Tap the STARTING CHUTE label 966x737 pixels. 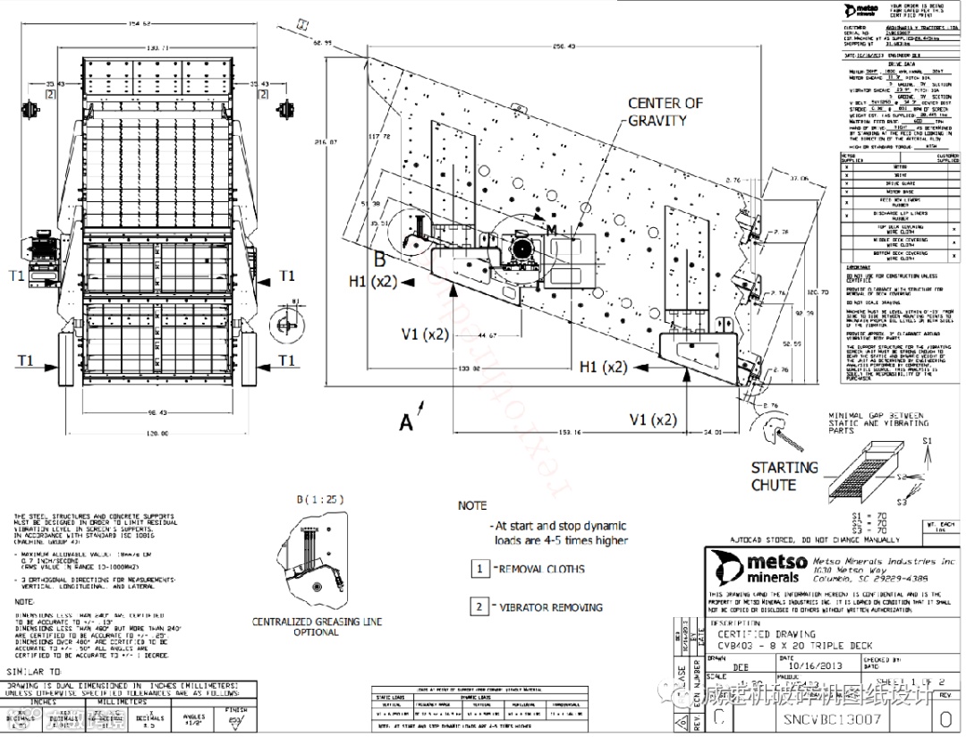(x=784, y=476)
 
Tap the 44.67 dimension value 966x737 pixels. (x=487, y=335)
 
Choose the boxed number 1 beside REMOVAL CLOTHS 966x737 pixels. (x=480, y=569)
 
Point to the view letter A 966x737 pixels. (x=407, y=422)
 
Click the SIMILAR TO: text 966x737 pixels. (x=35, y=670)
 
